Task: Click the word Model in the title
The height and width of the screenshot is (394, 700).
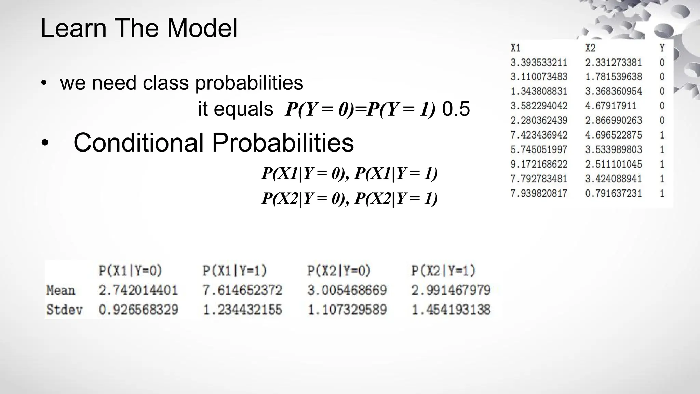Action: [202, 28]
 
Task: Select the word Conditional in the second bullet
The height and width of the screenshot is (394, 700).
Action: [138, 142]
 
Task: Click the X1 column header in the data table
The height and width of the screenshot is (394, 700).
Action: [515, 48]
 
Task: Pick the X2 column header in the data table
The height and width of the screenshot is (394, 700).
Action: [590, 48]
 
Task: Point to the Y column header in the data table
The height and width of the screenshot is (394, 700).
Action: [662, 48]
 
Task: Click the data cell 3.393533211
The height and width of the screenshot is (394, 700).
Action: [539, 63]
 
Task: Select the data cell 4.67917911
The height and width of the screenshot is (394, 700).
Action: [610, 106]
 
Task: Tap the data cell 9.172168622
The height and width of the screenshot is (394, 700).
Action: [539, 164]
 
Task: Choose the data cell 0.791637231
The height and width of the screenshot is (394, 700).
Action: [614, 193]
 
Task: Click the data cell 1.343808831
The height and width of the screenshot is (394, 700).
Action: [539, 91]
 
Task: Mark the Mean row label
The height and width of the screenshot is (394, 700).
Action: [60, 290]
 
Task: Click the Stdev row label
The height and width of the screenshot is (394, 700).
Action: [64, 310]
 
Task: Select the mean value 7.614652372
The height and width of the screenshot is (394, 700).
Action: [242, 290]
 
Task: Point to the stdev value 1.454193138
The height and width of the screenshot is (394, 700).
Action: [451, 310]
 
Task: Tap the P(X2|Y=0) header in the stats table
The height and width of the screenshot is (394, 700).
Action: [339, 271]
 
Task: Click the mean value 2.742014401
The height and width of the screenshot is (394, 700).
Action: [138, 290]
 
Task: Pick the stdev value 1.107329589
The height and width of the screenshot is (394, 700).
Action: [347, 310]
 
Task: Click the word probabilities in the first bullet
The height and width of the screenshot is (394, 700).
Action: [249, 83]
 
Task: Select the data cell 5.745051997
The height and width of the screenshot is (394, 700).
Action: [539, 149]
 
